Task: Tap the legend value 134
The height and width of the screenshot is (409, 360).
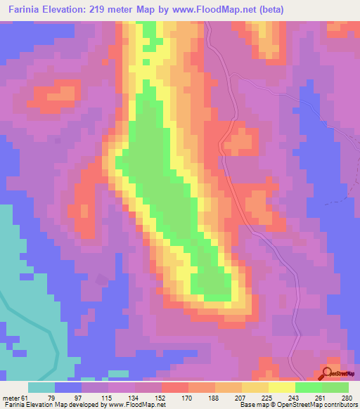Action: point(121,397)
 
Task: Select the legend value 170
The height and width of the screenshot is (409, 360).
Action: point(174,397)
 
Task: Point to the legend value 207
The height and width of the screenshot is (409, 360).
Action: point(228,397)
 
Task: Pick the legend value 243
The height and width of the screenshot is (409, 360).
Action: point(282,397)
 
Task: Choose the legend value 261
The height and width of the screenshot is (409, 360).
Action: point(309,397)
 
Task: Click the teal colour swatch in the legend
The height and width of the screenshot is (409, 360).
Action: point(41,387)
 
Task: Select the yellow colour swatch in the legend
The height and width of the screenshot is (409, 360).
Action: point(281,387)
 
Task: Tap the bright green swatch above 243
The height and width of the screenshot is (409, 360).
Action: point(309,387)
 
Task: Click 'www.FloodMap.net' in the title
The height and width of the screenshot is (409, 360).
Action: point(234,10)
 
